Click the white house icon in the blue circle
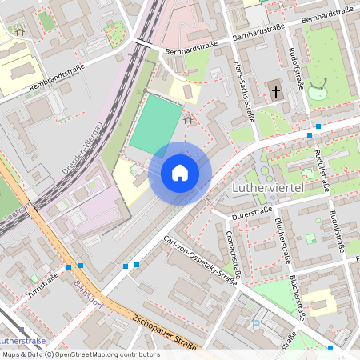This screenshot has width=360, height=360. [x=180, y=173]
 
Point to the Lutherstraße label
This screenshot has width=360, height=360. [x=27, y=341]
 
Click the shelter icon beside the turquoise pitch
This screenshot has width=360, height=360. [x=188, y=120]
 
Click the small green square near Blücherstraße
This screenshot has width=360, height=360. [x=310, y=238]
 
